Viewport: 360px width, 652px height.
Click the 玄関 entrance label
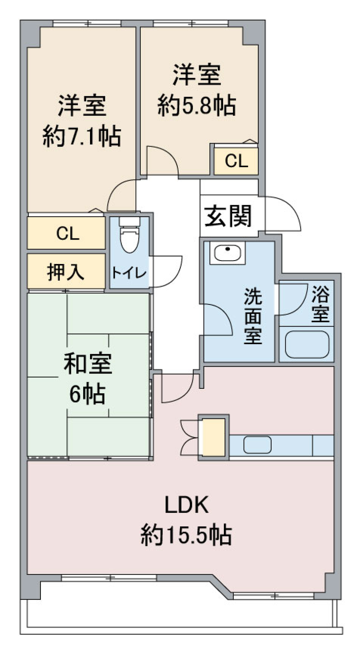pos(228,216)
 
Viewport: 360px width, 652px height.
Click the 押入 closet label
pos(66,271)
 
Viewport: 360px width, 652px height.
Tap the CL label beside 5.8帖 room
pos(236,161)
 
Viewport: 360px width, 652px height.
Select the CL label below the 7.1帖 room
pos(67,233)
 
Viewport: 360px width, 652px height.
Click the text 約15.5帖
pos(186,535)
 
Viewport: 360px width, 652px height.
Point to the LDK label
pos(186,505)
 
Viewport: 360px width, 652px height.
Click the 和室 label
pos(88,364)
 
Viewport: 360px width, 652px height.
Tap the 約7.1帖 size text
pos(82,136)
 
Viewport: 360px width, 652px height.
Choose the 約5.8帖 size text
pos(196,105)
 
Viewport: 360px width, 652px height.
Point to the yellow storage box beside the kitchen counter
pos(214,437)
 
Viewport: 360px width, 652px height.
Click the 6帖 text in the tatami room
pos(87,393)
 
